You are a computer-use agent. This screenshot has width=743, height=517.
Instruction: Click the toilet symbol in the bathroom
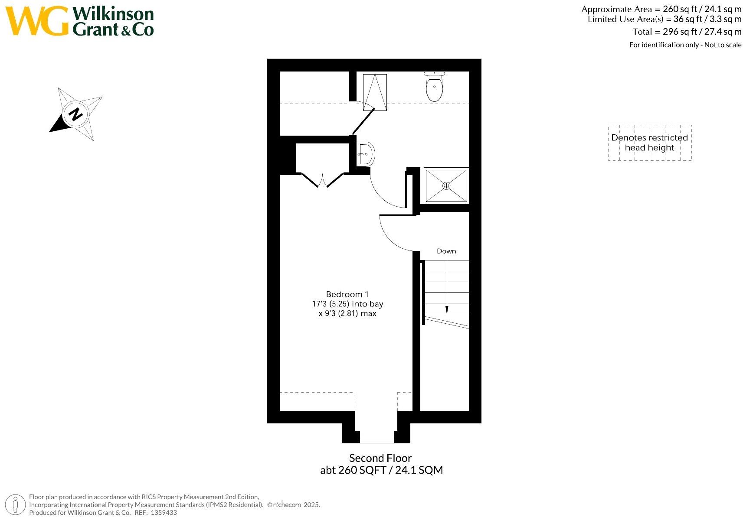435,87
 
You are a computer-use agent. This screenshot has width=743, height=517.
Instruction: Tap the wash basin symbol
366,154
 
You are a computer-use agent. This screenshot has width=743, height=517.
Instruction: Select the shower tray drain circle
446,185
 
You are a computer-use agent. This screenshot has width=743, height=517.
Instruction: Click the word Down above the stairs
446,251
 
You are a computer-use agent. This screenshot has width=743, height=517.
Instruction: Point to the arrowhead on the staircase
446,309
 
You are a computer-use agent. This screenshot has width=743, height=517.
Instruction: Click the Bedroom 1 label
347,295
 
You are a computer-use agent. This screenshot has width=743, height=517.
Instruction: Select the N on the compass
76,114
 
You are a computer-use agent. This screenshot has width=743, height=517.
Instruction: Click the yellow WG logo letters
37,21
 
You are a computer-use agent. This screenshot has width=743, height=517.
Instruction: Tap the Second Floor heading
380,458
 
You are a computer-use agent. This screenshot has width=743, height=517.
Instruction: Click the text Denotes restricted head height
649,143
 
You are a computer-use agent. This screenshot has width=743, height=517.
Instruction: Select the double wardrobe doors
322,180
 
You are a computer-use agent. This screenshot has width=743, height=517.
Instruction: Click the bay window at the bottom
376,436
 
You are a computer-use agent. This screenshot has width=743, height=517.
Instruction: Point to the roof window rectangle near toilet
375,92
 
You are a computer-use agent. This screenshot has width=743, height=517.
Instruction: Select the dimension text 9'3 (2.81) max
347,314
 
